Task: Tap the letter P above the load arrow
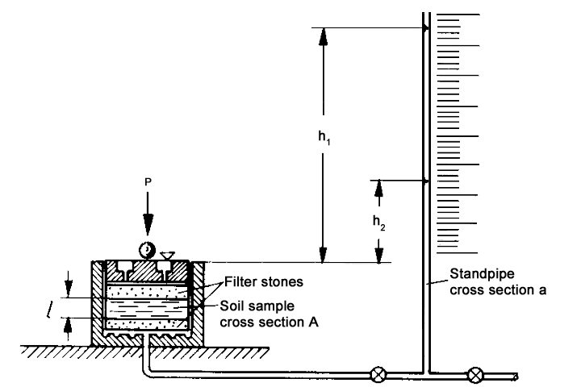point(148,183)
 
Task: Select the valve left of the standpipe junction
point(378,375)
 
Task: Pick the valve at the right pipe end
point(476,375)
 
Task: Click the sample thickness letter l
point(69,306)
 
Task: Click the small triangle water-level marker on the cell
point(166,256)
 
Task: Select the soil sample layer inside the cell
point(149,307)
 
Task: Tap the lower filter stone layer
point(149,324)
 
